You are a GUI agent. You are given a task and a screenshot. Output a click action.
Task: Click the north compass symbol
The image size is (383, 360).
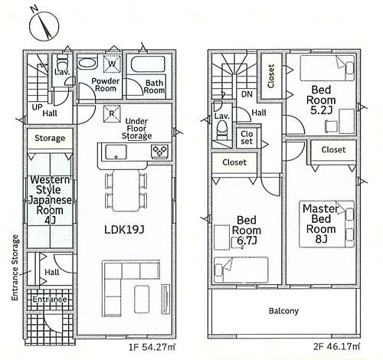coord(44,25)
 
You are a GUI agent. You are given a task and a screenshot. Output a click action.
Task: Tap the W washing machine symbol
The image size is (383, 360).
coord(112,64)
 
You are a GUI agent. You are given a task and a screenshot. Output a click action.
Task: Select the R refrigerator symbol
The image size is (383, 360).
coord(112,113)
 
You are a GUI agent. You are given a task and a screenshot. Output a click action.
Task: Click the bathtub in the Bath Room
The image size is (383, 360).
coord(148,64)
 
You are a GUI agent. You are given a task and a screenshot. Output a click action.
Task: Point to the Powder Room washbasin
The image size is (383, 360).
coord(87,63)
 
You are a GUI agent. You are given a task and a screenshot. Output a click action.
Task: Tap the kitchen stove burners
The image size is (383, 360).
coord(160,150)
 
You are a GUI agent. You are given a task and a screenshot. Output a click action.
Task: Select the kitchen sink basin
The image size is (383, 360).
coord(116,152)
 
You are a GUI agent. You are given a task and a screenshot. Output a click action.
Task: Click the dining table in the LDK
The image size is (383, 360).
coord(126,190)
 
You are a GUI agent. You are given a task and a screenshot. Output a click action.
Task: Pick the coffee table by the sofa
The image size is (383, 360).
coord(142,298)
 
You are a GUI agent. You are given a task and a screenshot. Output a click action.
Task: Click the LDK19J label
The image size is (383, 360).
coord(124,230)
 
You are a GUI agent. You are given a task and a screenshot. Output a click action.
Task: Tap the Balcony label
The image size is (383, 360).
coord(283,311)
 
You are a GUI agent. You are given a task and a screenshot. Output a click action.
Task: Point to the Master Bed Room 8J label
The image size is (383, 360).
coord(321,224)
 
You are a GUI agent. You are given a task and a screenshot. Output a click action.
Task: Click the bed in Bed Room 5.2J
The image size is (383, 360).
coord(328,68)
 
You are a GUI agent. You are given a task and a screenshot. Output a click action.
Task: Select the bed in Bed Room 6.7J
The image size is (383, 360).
coord(241,270)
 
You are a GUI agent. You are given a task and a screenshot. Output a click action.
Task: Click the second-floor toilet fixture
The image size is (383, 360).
coord(222,130)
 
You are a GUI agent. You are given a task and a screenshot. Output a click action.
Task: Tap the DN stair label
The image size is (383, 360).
coord(247,94)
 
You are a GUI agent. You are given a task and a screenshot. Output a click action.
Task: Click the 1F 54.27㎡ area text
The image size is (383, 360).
coord(152,347)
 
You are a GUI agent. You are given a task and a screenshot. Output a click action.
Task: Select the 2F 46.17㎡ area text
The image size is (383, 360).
coord(336,346)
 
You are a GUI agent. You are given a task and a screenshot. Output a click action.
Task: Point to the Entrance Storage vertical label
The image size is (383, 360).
coord(15,267)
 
